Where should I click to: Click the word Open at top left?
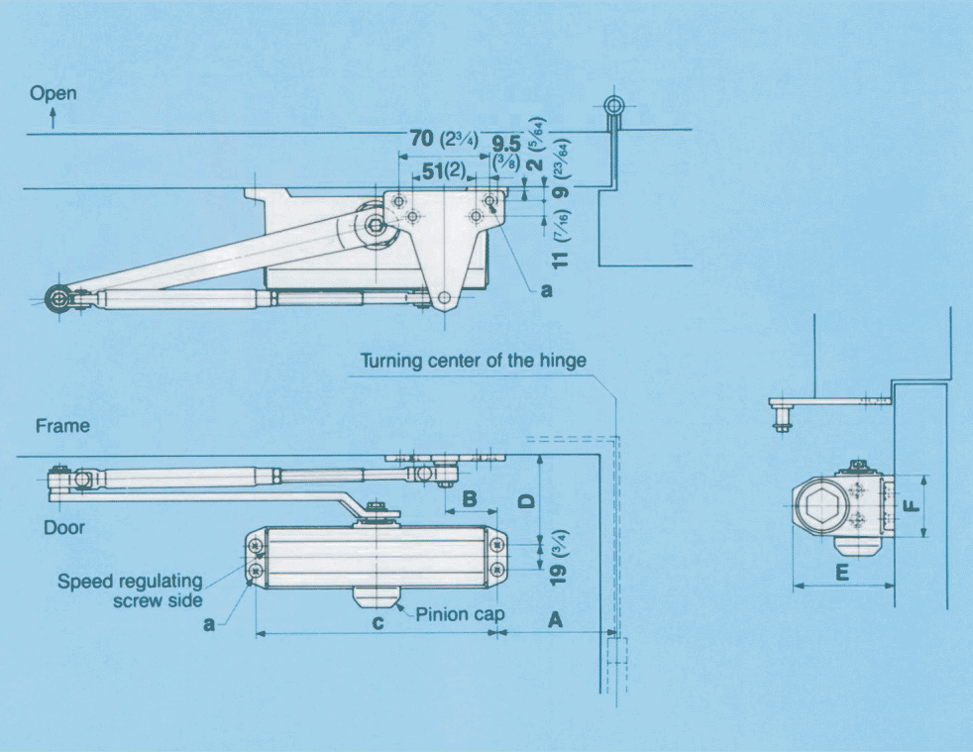53,93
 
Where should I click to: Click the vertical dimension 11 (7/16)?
562,247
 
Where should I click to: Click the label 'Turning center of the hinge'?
473,361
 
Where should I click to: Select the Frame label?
62,426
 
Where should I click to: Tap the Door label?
63,527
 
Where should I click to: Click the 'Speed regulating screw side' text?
130,591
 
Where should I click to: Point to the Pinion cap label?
460,614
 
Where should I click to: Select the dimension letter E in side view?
841,572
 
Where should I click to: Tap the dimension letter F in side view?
913,504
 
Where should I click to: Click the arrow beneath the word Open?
52,116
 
